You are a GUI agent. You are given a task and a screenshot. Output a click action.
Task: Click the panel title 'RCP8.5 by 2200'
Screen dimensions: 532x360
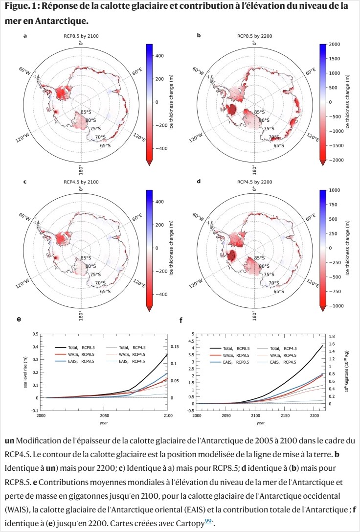click(x=254, y=36)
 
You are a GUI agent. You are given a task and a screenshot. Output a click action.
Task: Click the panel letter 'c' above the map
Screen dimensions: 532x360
click(x=25, y=182)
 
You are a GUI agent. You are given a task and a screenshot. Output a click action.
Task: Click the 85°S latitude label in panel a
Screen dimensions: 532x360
click(x=86, y=113)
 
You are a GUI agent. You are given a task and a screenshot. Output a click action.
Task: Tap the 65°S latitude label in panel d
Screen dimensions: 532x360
click(x=279, y=291)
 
